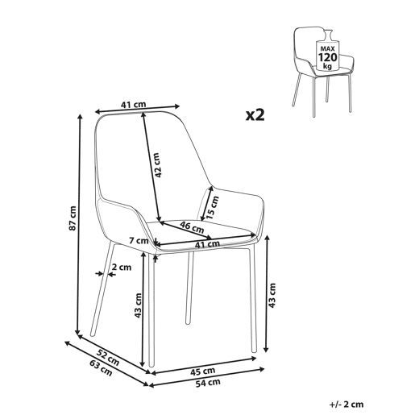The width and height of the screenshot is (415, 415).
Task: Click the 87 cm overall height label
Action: coord(73,218)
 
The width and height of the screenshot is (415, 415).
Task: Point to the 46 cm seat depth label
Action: coord(192,227)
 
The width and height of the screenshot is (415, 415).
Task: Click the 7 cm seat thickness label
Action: coord(139,241)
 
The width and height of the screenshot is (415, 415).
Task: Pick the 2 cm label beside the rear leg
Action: coord(122,268)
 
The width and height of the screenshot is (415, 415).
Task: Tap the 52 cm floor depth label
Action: coord(108,358)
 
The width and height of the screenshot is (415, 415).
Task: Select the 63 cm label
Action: coord(101,368)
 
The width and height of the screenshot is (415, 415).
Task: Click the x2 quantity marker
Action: coord(255,115)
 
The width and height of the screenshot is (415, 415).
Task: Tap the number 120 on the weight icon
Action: coord(327,57)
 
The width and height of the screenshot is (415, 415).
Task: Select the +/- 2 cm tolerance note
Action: coord(347,404)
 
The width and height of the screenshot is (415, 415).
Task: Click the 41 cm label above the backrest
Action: coord(134,105)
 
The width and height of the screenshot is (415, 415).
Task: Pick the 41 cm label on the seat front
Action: coord(207,244)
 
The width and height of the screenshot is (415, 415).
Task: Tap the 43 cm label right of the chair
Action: coord(272,295)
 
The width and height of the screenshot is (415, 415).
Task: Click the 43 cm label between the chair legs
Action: coord(138,305)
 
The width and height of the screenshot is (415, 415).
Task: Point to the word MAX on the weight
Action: coord(327,49)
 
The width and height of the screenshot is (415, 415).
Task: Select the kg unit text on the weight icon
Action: coord(327,66)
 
